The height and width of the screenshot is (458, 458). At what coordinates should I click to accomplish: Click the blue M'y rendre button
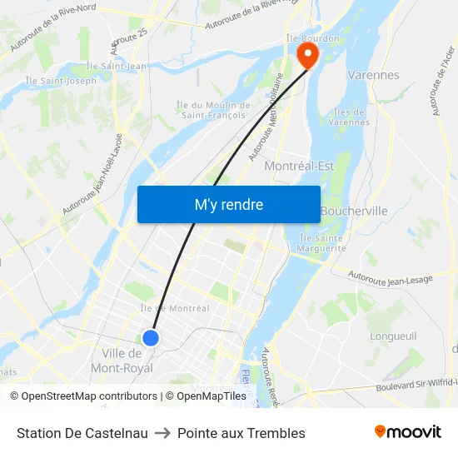(228, 204)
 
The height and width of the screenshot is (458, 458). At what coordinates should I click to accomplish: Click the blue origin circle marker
(151, 337)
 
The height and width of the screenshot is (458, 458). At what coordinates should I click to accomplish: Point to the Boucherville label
(354, 212)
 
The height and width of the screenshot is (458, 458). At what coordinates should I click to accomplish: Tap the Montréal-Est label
(299, 167)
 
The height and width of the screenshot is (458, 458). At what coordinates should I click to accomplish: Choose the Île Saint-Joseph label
(61, 81)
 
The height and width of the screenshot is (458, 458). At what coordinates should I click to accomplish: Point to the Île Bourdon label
(312, 38)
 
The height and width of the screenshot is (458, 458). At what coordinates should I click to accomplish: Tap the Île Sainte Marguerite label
(322, 243)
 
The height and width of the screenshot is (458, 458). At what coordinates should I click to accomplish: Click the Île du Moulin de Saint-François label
(213, 110)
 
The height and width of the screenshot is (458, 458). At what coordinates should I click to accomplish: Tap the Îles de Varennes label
(349, 117)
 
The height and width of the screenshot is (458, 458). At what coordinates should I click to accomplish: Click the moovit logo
(408, 432)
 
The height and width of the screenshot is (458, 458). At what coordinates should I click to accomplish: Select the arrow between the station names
(162, 433)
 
